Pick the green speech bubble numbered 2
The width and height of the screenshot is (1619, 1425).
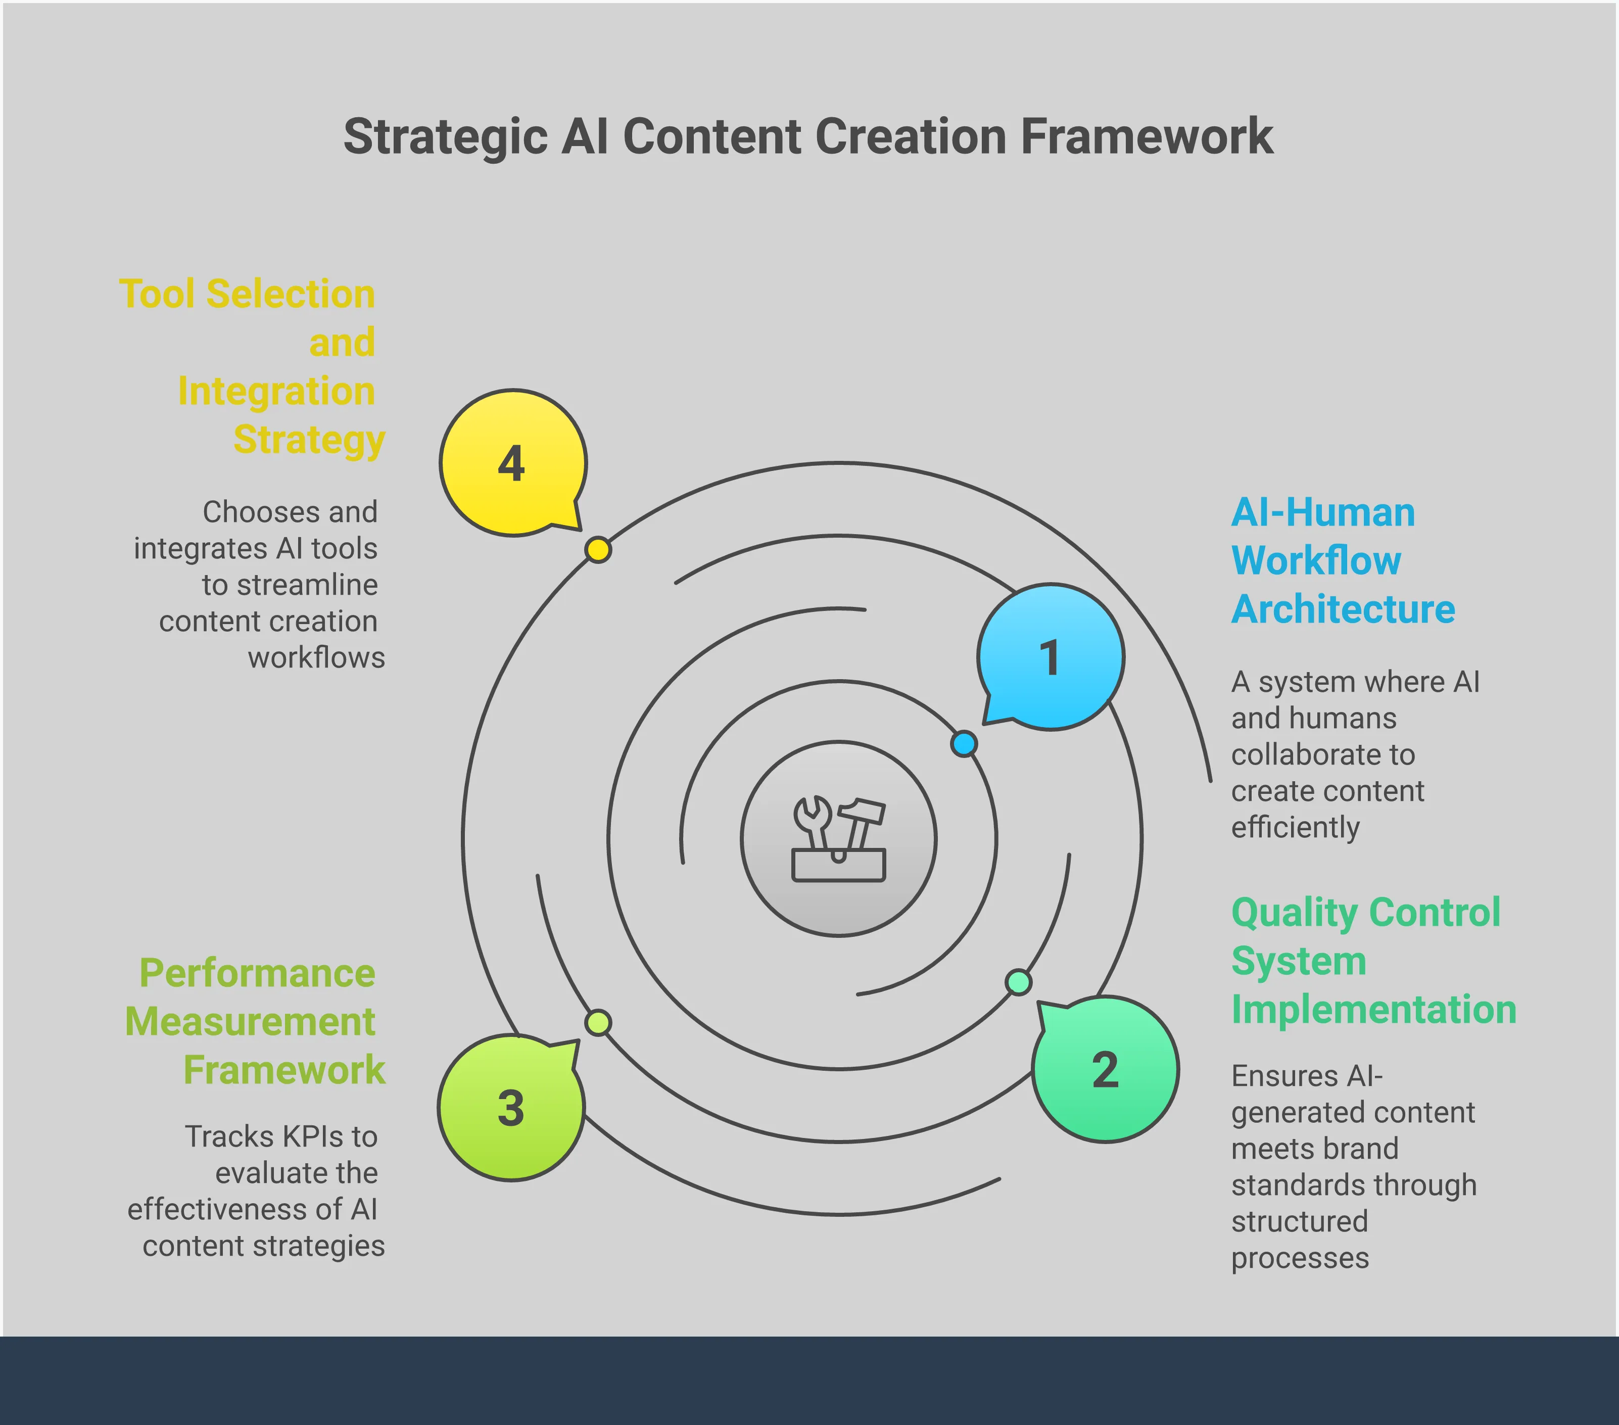pos(1105,1069)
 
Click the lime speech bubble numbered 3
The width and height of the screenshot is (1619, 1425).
pos(511,1107)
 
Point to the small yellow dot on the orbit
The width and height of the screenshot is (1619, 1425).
pos(598,550)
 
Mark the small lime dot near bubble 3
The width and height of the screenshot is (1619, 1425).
pos(598,1023)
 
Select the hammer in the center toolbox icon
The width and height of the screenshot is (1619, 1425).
pos(861,820)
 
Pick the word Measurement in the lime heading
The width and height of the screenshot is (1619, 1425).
pos(250,1022)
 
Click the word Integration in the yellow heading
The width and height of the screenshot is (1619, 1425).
pos(276,391)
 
